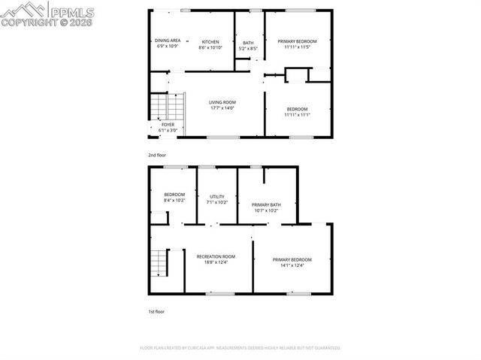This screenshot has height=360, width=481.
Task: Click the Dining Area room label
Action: click(x=167, y=41)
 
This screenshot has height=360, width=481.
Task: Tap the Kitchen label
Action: click(x=210, y=41)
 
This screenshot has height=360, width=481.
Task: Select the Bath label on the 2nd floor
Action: click(x=248, y=43)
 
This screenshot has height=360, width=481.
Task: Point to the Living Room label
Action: click(x=222, y=102)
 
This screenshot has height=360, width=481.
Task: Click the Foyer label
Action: click(x=168, y=125)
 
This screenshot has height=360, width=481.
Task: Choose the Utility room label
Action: click(x=216, y=195)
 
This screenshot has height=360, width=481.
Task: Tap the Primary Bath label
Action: click(x=266, y=204)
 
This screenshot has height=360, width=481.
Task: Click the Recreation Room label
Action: click(x=216, y=256)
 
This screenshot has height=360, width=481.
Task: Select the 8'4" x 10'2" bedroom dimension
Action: click(x=174, y=201)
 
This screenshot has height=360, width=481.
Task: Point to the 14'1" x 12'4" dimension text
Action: click(x=292, y=265)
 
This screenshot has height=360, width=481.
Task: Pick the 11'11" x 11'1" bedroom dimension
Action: click(x=297, y=115)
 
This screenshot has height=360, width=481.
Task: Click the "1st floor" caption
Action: click(x=156, y=311)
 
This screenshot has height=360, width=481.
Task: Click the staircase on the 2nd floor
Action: click(x=167, y=107)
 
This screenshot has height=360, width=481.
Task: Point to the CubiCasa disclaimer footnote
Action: click(x=240, y=348)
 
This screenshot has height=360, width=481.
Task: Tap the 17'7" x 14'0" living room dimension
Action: click(x=222, y=108)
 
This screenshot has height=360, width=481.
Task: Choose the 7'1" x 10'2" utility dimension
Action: click(x=216, y=201)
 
